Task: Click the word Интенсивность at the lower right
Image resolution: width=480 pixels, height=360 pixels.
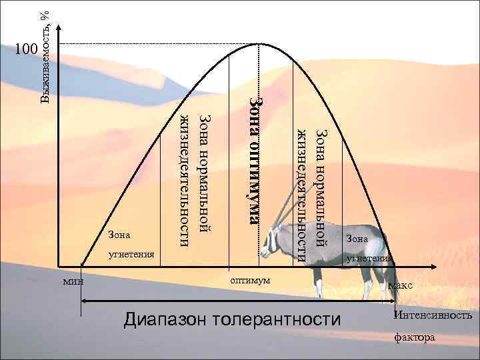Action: tap(433, 315)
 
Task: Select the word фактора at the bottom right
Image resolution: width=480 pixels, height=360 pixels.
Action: tap(414, 337)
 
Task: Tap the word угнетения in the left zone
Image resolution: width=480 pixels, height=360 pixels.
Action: tap(131, 254)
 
